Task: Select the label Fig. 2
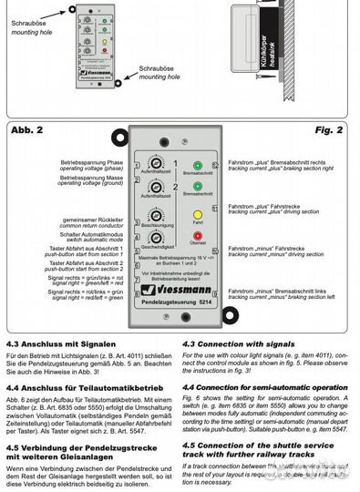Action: (334, 129)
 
